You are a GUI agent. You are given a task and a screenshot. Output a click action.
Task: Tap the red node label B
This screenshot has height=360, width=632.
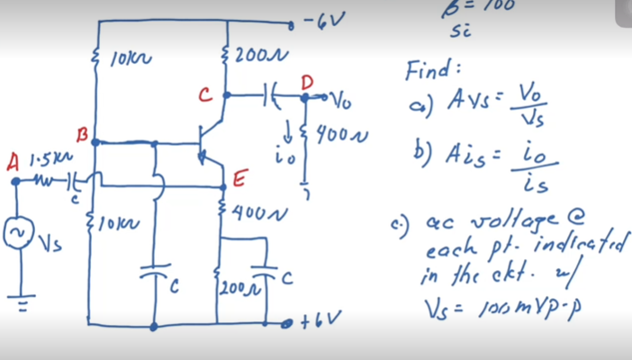[83, 136]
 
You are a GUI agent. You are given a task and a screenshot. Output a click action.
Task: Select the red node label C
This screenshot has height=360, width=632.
[205, 93]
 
